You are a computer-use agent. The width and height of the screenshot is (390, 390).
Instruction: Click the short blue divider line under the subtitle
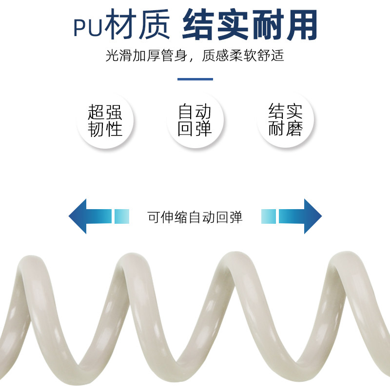coord(195,79)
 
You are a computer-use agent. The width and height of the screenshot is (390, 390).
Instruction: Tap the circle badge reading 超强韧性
coord(105,120)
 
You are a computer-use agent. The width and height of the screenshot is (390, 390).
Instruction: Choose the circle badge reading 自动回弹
coord(195,120)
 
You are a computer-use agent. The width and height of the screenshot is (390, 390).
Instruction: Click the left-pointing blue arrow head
coord(78,216)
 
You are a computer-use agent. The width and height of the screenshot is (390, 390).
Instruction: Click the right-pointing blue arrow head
coord(312,216)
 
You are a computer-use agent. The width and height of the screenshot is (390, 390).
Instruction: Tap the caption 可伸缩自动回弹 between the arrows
coord(195,216)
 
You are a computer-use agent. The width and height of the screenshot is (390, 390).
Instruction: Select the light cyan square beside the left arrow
coord(122,216)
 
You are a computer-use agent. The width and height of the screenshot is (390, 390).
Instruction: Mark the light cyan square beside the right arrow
coord(269,216)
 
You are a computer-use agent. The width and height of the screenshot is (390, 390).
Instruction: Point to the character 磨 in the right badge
coord(294,128)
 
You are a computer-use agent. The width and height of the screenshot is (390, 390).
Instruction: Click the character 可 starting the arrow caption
coord(154,216)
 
